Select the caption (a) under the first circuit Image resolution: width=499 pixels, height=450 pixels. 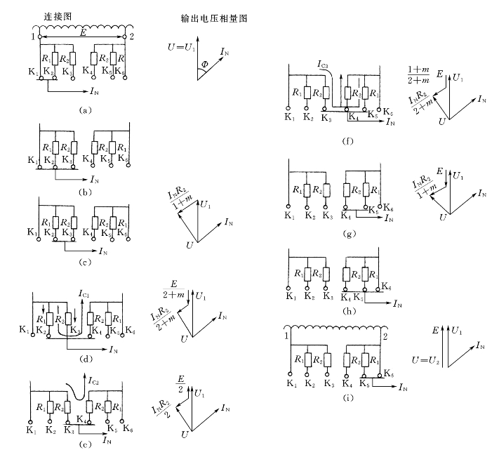pyautogui.click(x=85, y=110)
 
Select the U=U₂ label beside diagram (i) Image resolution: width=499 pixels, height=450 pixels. pyautogui.click(x=425, y=359)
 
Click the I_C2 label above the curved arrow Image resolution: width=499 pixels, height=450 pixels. pyautogui.click(x=98, y=380)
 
